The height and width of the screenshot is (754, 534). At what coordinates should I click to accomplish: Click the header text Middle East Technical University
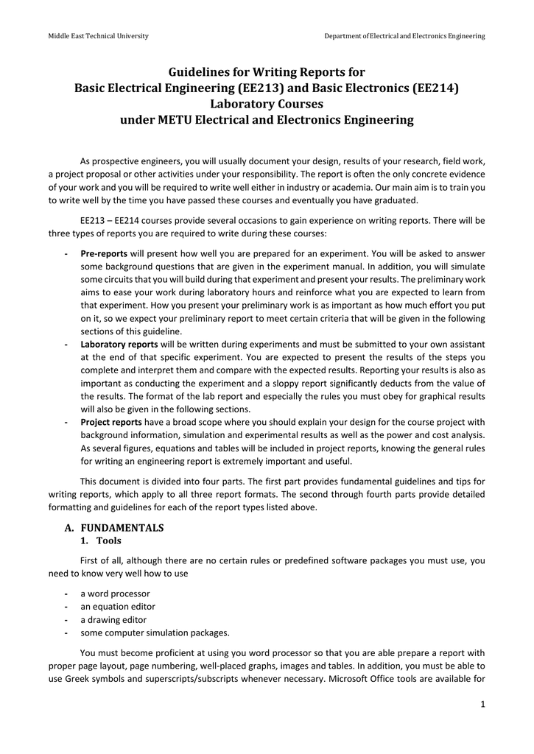(x=98, y=36)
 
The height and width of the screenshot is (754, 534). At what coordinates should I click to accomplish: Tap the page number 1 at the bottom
(x=482, y=705)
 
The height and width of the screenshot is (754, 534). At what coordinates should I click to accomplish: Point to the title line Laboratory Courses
(x=267, y=104)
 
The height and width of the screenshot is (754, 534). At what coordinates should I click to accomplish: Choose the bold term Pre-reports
(x=104, y=254)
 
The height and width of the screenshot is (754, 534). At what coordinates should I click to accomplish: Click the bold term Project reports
(x=111, y=422)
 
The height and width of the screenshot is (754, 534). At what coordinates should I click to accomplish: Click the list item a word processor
(x=115, y=593)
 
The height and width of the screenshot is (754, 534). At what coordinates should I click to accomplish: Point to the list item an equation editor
(x=118, y=607)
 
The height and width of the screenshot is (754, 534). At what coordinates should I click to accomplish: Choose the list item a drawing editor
(x=113, y=620)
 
